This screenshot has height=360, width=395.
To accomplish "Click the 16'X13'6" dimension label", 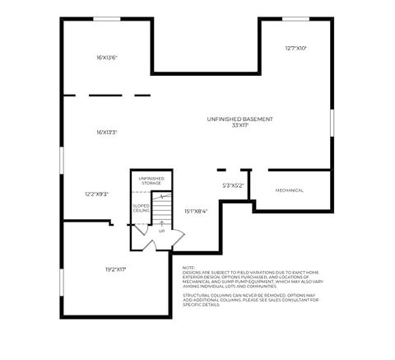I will [x=107, y=58].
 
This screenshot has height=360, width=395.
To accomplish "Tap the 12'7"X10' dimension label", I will [x=295, y=49].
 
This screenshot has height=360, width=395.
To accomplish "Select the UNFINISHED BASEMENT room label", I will [x=239, y=119].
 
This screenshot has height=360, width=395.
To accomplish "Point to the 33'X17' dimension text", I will [x=239, y=125].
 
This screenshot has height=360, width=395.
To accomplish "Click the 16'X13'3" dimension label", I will [x=107, y=132].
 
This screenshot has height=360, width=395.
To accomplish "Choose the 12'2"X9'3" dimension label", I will [x=96, y=194].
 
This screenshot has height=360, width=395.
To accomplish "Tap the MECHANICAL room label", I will [x=289, y=190].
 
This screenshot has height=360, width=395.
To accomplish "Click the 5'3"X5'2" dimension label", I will [x=234, y=185].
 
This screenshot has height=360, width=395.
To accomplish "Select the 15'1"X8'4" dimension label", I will [x=196, y=211].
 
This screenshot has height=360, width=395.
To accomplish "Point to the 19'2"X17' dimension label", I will [x=115, y=269].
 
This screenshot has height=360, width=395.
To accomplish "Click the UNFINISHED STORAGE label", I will [x=151, y=180].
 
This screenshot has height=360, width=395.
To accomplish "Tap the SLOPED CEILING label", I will [x=141, y=209].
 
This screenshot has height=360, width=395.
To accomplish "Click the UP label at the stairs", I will [x=160, y=231].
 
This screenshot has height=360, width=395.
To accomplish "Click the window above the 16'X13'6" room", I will [x=106, y=19].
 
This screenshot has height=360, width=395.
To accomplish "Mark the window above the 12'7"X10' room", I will [x=295, y=19].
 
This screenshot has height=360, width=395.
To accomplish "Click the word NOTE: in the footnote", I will [x=188, y=267].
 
